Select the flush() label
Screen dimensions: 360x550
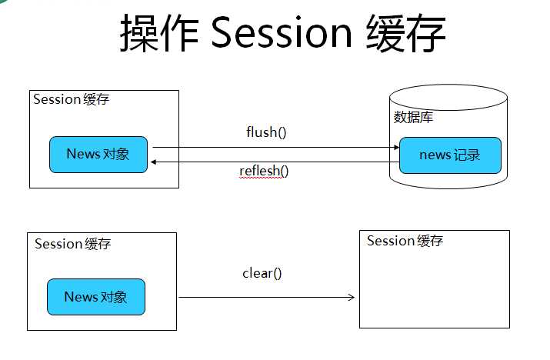(266, 132)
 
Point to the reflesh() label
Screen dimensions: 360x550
(264, 170)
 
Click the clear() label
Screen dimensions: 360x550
(263, 272)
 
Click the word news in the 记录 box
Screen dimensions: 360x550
(435, 155)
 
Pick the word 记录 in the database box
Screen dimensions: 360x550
(467, 155)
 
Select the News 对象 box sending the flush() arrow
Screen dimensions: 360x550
(98, 154)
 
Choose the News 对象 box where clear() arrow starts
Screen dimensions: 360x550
(96, 297)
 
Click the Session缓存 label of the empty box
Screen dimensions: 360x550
(405, 241)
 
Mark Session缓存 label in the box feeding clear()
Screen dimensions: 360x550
(73, 244)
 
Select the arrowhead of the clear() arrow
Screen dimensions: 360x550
(351, 298)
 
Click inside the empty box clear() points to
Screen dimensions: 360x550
(435, 288)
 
